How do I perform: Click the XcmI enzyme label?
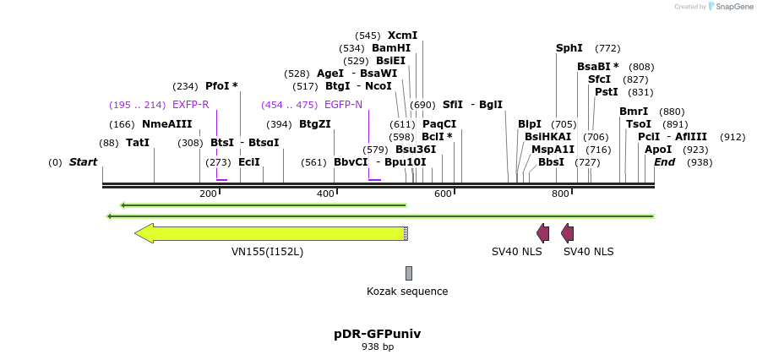point(402,35)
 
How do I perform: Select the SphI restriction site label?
point(569,48)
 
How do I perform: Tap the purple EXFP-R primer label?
point(190,105)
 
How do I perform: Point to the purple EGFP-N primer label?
point(343,105)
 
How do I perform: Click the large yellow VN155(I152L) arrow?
point(270,233)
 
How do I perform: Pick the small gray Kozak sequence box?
point(409,273)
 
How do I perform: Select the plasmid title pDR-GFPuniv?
point(378,334)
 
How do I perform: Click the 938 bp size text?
point(378,346)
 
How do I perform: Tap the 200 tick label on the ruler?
point(208,194)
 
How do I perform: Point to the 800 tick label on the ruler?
point(560,194)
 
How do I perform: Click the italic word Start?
point(83,162)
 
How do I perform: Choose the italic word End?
point(665,162)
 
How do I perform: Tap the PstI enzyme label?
point(607,92)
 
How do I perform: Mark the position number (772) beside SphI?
point(607,48)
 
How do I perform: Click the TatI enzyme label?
point(138,143)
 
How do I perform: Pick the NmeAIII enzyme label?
point(167,124)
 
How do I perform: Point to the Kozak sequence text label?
point(407,292)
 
